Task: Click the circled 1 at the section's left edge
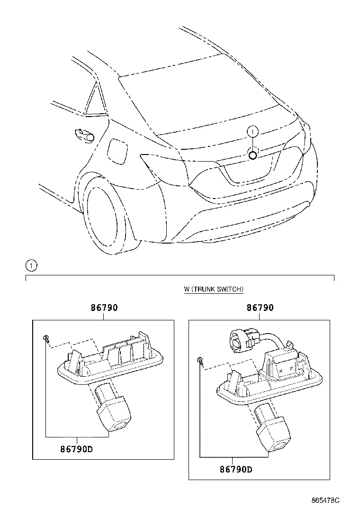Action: [x=31, y=266]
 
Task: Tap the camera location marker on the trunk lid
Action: [x=252, y=155]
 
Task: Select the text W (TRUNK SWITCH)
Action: [x=214, y=289]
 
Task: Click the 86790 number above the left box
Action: [x=104, y=308]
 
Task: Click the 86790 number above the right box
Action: [x=260, y=308]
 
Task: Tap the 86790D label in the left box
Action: [x=77, y=449]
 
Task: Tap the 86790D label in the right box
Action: [x=236, y=469]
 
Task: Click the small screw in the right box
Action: [x=201, y=361]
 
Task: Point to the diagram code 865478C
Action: [x=325, y=500]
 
